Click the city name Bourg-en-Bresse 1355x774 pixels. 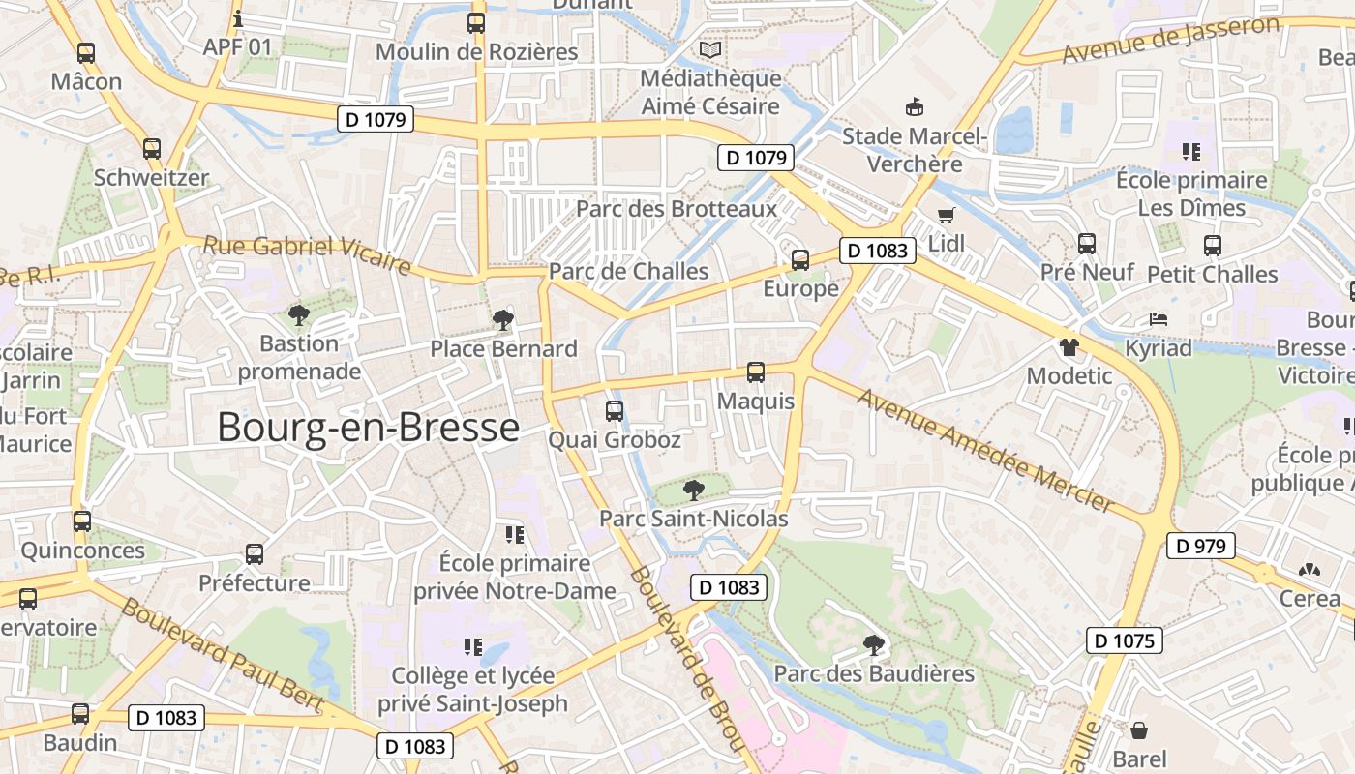(368, 427)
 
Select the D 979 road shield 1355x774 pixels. (1200, 546)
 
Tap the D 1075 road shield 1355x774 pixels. (1124, 640)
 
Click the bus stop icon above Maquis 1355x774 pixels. (756, 372)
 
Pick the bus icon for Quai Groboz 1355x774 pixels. (615, 411)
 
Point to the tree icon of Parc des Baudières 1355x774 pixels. (874, 644)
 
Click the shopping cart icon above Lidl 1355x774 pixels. (946, 216)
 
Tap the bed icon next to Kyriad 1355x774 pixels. (1159, 319)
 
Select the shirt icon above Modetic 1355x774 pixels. (1069, 346)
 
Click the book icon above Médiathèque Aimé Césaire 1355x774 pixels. (710, 48)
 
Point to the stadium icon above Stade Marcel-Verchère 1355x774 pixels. (914, 105)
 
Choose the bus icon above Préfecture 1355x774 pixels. (255, 554)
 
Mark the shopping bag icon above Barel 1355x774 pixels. (1139, 730)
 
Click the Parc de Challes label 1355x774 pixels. (629, 271)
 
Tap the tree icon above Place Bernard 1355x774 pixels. (502, 320)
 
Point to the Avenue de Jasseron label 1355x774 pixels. (1170, 40)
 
